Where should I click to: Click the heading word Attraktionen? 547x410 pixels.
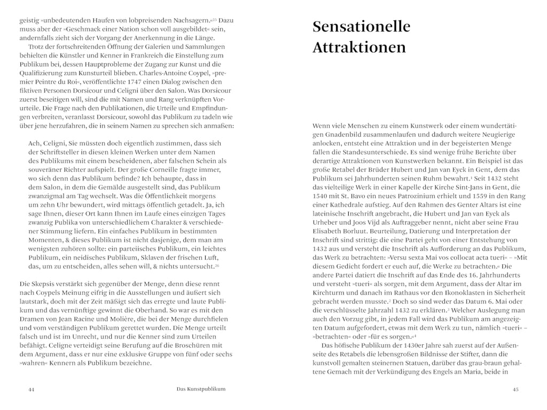click(x=359, y=48)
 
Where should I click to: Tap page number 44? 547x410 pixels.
click(x=31, y=390)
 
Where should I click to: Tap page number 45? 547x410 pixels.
click(x=515, y=390)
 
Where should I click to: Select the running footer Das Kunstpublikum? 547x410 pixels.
click(x=201, y=390)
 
